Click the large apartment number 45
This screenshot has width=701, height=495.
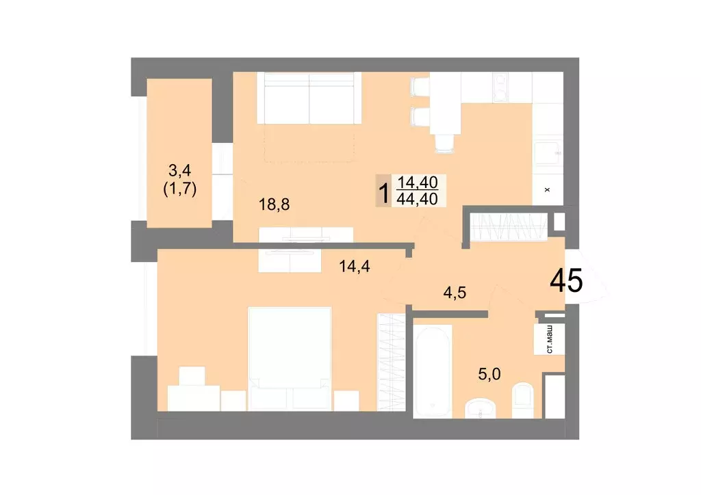click(567, 280)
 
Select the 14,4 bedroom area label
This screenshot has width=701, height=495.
click(355, 267)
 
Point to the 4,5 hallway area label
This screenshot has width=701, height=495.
click(455, 293)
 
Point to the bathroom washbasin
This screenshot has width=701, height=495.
click(482, 410)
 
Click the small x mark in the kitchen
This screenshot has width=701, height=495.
click(546, 189)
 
